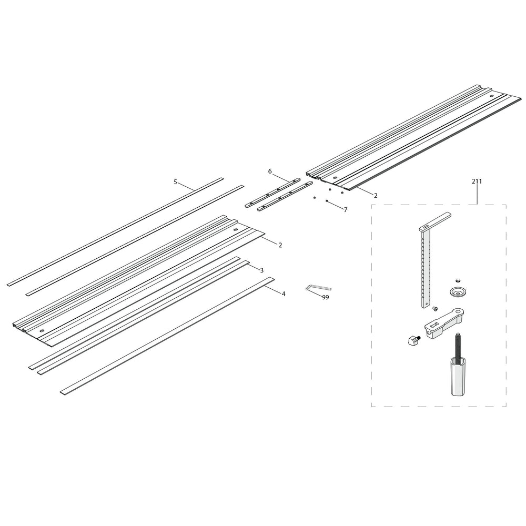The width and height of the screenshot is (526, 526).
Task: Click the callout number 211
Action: point(477,181)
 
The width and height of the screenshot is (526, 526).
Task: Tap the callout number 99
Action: point(326,298)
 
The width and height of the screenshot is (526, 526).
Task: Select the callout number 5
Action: point(175,182)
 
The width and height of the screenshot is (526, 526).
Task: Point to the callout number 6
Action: point(270,171)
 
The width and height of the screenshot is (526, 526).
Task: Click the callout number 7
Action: point(346,209)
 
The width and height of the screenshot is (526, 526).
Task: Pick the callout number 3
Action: point(262,270)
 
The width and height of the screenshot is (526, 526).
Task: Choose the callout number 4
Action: point(284,294)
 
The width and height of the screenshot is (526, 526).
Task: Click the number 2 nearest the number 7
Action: point(376,195)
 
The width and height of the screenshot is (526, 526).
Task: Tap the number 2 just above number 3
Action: point(280,245)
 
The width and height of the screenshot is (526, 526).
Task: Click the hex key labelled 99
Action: point(317,287)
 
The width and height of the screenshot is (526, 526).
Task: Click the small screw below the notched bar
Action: point(435,309)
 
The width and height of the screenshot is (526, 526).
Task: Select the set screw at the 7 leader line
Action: point(327,201)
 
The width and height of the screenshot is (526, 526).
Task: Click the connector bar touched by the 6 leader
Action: point(274,192)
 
